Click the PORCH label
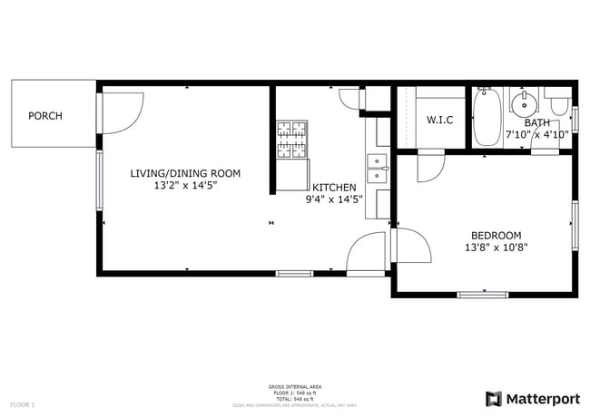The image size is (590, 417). point(44,116)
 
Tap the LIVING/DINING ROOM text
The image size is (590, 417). point(184,173)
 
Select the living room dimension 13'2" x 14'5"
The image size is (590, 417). point(184,185)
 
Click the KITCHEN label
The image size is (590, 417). point(334,188)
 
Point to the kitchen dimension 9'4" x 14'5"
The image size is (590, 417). point(334,199)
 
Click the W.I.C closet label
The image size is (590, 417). point(439,121)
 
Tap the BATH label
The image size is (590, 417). point(536,123)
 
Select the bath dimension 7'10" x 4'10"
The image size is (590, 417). point(536,135)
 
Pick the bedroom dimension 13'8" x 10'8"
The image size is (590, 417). point(496,246)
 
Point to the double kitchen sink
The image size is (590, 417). point(377,163)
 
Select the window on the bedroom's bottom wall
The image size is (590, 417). point(483,294)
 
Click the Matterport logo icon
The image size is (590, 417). point(494,399)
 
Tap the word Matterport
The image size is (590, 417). point(542,399)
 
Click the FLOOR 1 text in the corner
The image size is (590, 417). point(23,403)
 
